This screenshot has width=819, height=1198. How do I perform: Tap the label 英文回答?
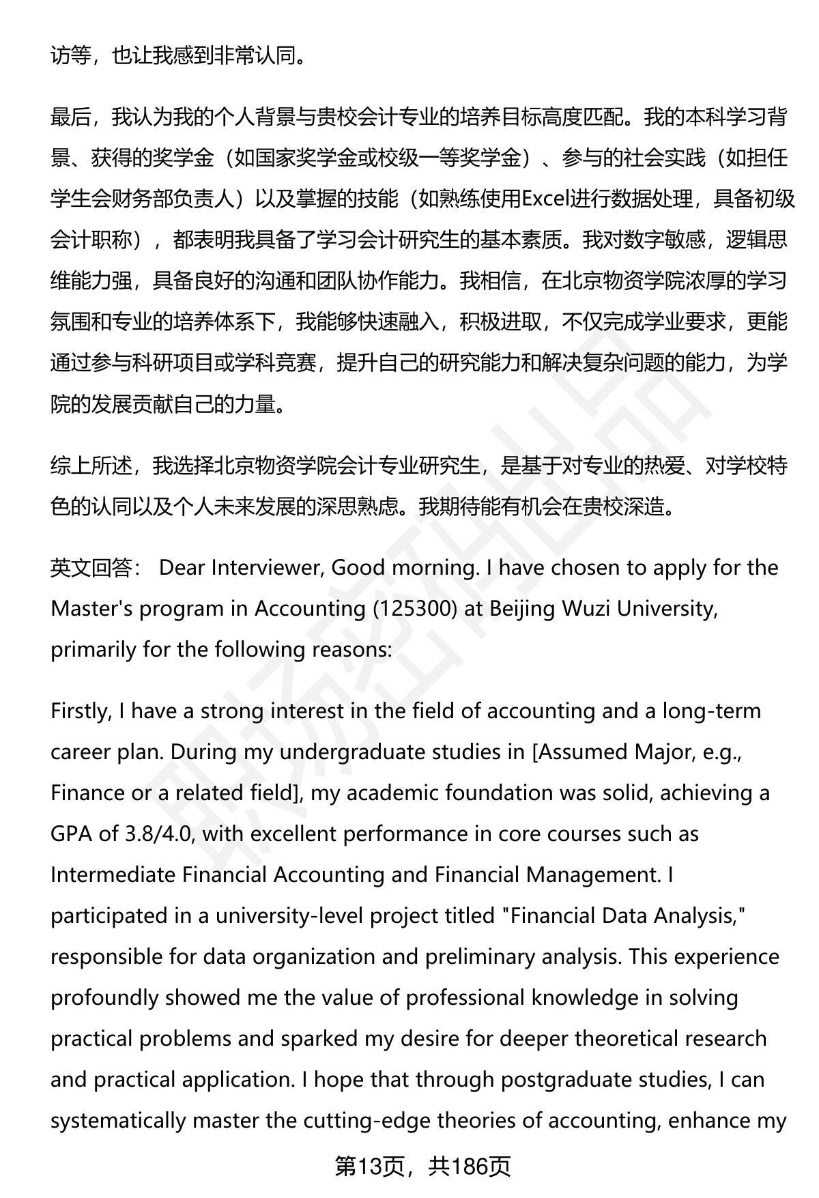(91, 567)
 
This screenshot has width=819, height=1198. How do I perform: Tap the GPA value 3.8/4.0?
(160, 833)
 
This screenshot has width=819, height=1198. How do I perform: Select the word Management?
(593, 874)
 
